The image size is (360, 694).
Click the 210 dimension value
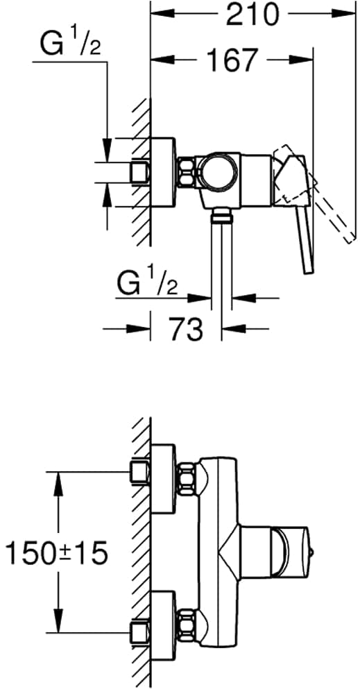253,14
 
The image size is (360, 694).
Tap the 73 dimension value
185,329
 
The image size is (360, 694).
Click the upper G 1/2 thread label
70,43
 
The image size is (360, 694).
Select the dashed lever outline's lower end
350,239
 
